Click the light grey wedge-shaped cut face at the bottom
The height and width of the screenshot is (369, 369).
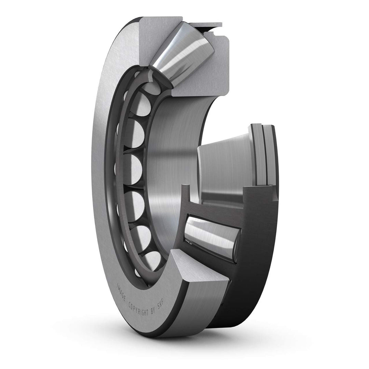[x=198, y=270]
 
